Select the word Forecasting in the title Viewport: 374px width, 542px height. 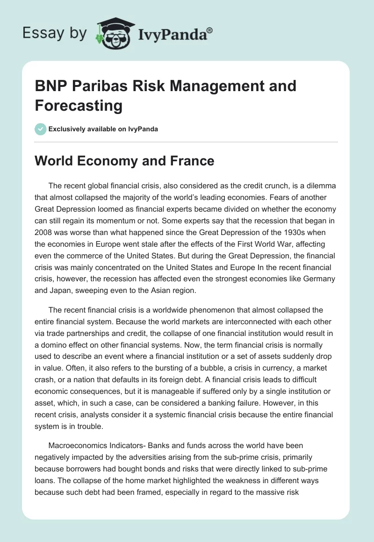click(x=79, y=106)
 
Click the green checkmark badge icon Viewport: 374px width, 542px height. click(x=41, y=129)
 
